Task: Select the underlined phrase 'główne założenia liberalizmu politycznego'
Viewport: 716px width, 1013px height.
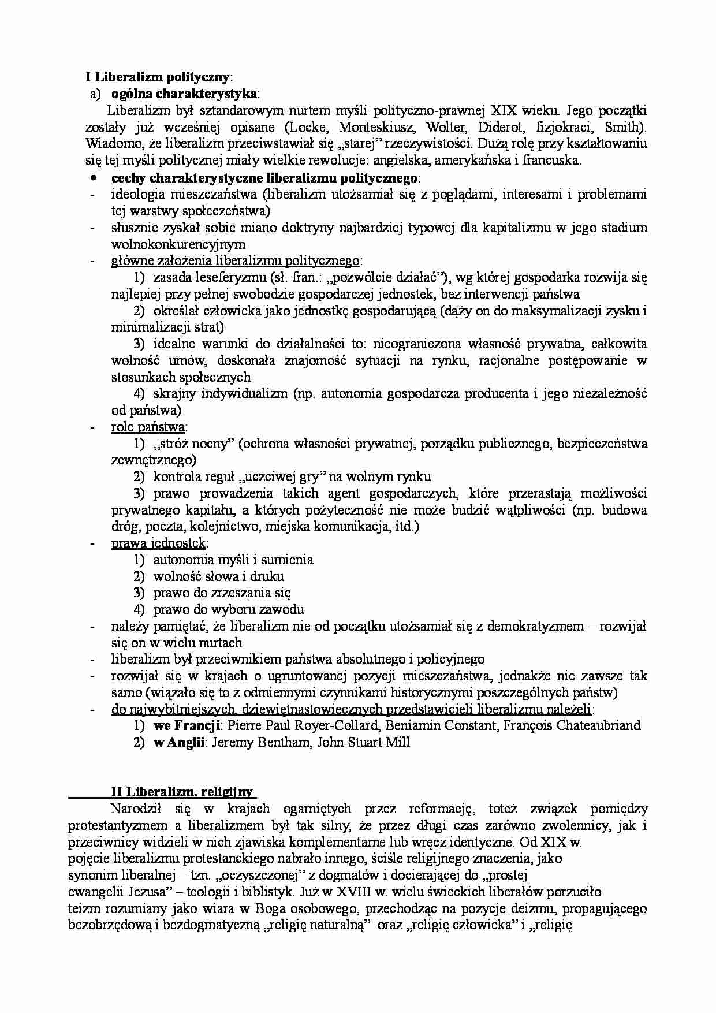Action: [236, 261]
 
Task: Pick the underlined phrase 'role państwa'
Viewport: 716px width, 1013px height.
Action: [148, 427]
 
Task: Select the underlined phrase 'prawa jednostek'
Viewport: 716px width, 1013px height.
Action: [159, 543]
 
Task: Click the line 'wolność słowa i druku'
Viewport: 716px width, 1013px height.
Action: [218, 576]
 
